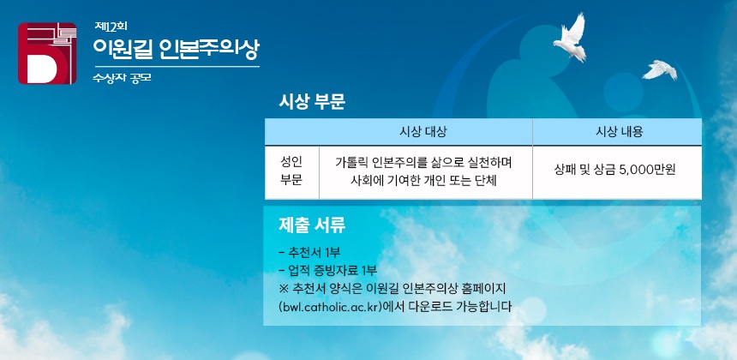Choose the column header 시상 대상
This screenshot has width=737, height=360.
[424, 132]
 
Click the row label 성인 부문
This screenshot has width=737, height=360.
[291, 171]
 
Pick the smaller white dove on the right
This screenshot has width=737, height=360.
[661, 69]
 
